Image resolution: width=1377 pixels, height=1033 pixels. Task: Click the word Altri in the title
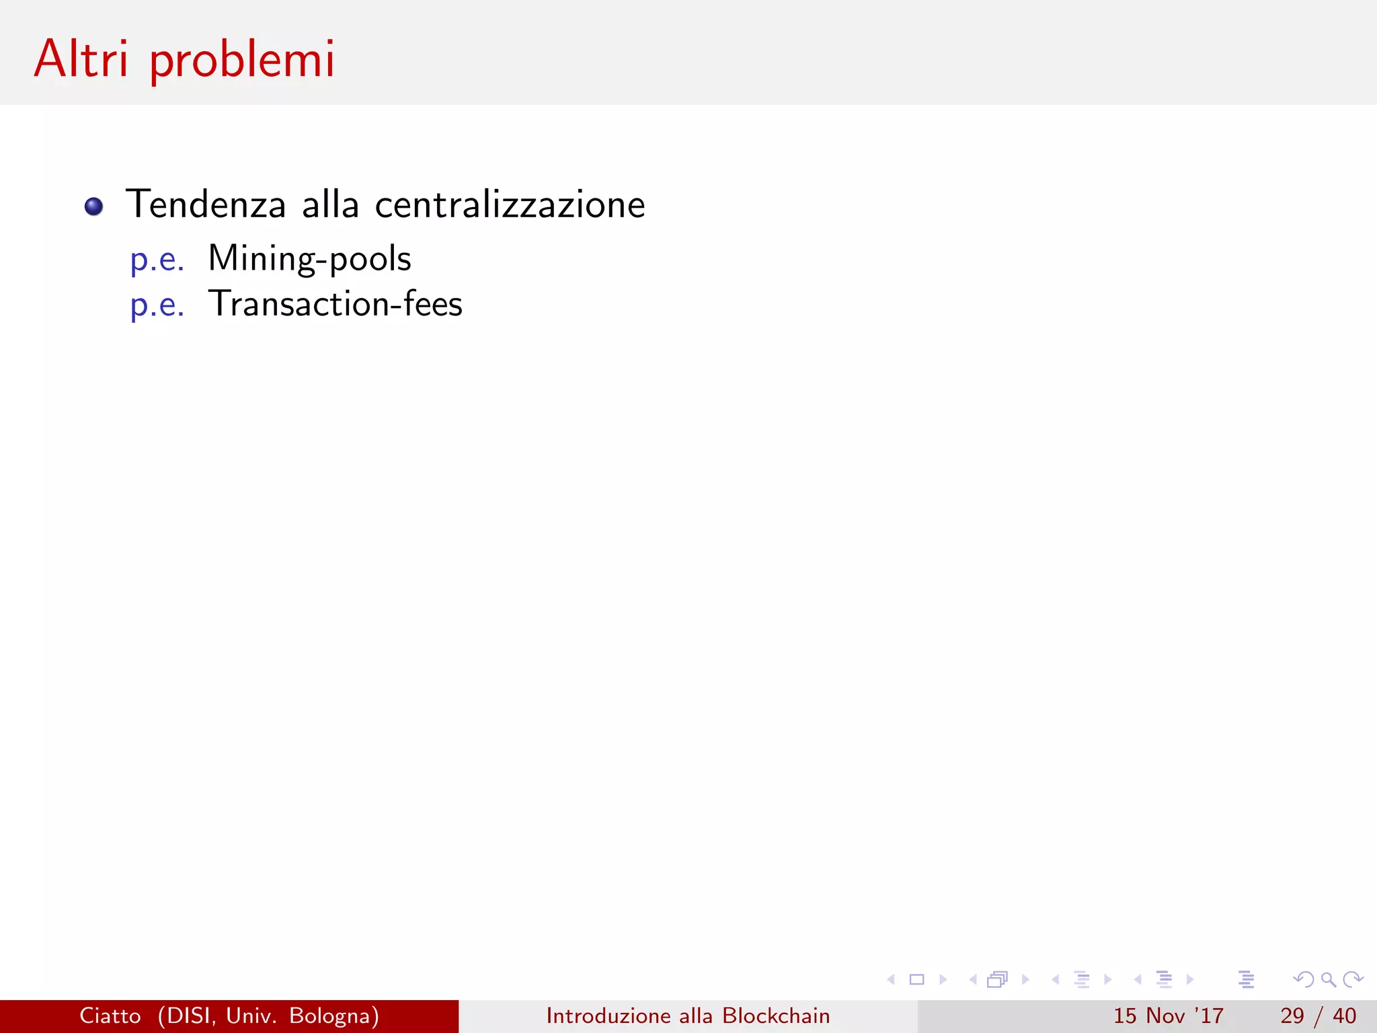pyautogui.click(x=81, y=59)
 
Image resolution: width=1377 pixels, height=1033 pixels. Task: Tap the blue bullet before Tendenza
pyautogui.click(x=94, y=206)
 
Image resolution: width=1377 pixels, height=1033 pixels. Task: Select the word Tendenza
pyautogui.click(x=206, y=204)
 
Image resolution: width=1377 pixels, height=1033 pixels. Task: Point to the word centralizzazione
pyautogui.click(x=510, y=204)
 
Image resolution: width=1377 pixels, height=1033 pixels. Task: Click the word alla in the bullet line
pyautogui.click(x=330, y=204)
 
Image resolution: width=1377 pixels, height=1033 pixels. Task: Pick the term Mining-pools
pyautogui.click(x=309, y=259)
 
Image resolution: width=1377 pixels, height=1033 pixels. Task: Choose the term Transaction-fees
pyautogui.click(x=335, y=304)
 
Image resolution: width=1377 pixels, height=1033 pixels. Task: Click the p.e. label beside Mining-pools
pyautogui.click(x=157, y=260)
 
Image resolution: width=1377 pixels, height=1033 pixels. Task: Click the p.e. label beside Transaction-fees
pyautogui.click(x=157, y=306)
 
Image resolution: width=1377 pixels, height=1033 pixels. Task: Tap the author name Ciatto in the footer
pyautogui.click(x=110, y=1016)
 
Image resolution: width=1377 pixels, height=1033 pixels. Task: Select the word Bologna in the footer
pyautogui.click(x=333, y=1016)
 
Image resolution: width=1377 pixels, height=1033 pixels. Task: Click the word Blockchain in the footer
pyautogui.click(x=776, y=1016)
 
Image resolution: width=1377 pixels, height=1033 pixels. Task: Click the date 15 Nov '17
pyautogui.click(x=1168, y=1016)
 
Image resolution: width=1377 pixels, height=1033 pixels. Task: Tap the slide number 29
pyautogui.click(x=1292, y=1016)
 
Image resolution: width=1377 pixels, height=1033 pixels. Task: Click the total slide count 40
pyautogui.click(x=1344, y=1016)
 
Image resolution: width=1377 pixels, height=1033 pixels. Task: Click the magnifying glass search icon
pyautogui.click(x=1328, y=980)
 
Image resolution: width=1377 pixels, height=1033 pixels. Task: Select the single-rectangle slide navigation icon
pyautogui.click(x=916, y=980)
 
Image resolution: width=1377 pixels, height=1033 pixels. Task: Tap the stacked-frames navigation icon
pyautogui.click(x=998, y=980)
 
